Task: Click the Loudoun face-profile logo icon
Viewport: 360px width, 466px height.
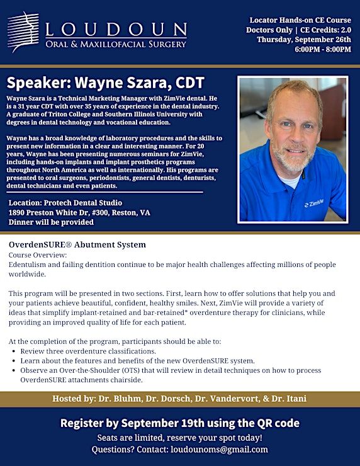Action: click(23, 31)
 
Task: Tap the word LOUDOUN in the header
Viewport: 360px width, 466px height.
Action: click(116, 30)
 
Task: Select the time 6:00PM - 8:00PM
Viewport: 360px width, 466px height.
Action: click(323, 49)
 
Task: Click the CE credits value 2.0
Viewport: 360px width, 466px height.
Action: click(346, 30)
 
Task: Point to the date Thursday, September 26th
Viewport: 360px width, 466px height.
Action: click(304, 40)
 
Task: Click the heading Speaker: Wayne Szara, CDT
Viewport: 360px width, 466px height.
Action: click(106, 83)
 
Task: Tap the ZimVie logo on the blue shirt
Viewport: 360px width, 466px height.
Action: click(314, 203)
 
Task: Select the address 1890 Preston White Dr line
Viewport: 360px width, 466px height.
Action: click(79, 213)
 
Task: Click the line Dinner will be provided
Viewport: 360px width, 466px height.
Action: click(51, 222)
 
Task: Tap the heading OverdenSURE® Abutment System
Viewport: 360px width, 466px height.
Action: click(77, 244)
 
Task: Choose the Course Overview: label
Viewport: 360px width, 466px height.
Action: click(38, 255)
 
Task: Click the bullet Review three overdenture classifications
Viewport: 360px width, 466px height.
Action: click(88, 351)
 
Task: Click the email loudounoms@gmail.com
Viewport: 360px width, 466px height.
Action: click(219, 450)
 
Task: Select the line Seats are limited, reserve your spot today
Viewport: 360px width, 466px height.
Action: click(180, 438)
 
